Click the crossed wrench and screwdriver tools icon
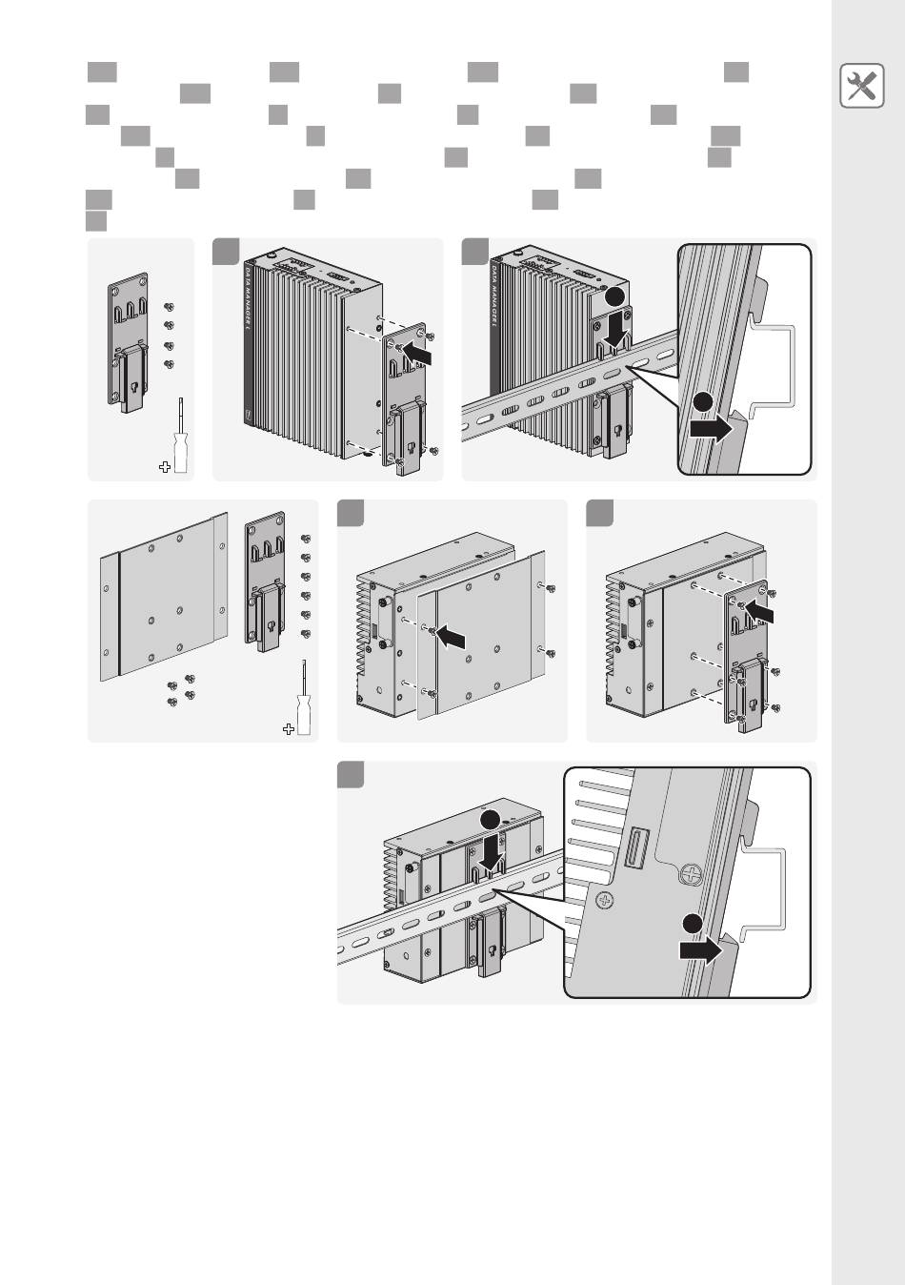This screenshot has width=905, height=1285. pos(861,87)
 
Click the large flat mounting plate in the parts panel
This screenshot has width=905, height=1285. pos(165,600)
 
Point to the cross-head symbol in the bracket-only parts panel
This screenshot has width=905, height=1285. pos(164,466)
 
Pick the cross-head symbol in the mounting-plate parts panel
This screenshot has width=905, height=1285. pos(289,729)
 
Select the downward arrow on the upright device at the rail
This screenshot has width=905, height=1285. pos(615,329)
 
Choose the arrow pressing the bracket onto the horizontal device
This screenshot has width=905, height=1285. pos(760,610)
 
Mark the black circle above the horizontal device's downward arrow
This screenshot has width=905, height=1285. pos(490,821)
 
